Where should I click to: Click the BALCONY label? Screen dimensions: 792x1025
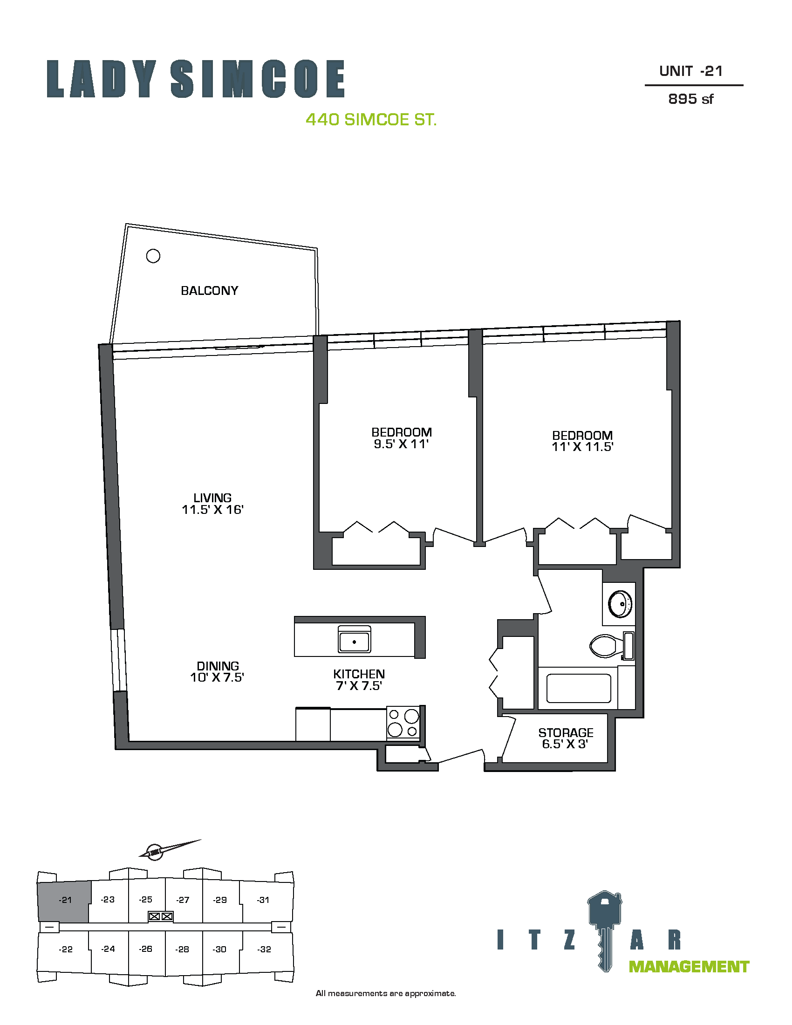(x=209, y=291)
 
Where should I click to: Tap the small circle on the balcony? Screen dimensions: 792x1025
(x=153, y=256)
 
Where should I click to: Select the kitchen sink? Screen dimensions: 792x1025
(x=354, y=639)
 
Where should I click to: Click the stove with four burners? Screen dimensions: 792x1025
(x=403, y=723)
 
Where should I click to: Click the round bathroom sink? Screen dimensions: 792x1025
(x=620, y=604)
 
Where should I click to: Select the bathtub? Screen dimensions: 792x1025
(x=579, y=689)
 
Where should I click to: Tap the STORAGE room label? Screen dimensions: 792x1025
(x=566, y=732)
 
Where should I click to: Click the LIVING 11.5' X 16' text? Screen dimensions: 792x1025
(x=212, y=504)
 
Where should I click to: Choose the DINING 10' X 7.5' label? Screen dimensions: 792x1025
(x=217, y=671)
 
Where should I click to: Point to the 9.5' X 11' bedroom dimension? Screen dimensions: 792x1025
(x=401, y=444)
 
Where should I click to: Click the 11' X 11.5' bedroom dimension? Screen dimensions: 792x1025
(x=582, y=447)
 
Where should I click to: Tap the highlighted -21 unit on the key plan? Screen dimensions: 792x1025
(x=63, y=902)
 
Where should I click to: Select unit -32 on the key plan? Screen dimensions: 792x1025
(x=264, y=950)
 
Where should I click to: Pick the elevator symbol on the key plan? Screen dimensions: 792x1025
(x=160, y=916)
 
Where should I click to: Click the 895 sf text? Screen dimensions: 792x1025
(x=690, y=99)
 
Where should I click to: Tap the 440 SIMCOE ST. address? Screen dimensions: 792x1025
(x=371, y=120)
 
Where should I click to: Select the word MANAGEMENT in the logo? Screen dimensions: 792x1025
(x=689, y=967)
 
